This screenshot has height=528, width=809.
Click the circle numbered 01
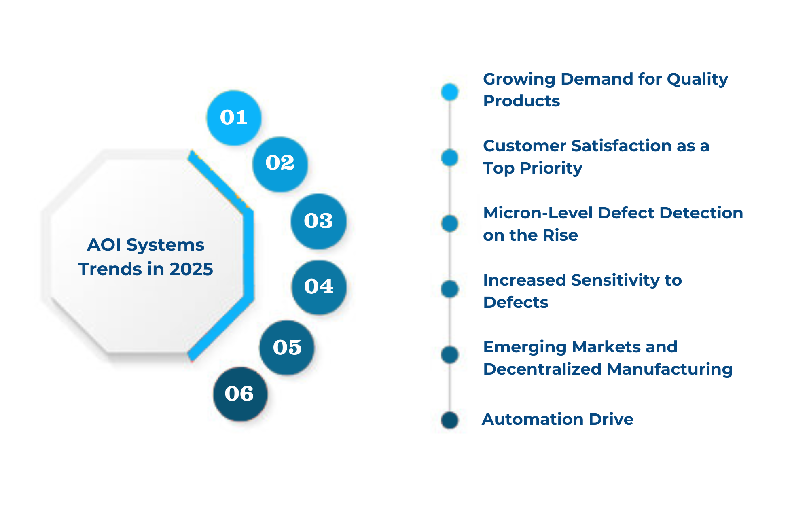[234, 118]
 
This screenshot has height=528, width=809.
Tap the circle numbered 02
[280, 164]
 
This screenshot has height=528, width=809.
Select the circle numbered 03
[318, 221]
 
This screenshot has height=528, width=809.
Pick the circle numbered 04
[319, 287]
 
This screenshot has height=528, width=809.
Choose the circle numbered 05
[287, 348]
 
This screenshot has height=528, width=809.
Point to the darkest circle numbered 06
[240, 394]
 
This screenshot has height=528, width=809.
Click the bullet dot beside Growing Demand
[449, 92]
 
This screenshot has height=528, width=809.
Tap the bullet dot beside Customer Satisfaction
[449, 157]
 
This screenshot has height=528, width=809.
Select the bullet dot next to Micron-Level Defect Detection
[449, 223]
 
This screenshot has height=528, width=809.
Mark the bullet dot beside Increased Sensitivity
[449, 289]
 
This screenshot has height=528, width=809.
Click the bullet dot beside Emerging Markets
[449, 354]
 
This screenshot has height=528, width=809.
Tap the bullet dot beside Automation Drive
[449, 420]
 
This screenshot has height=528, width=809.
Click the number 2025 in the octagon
[191, 269]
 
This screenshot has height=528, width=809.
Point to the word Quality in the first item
[697, 79]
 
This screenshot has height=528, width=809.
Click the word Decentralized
[542, 369]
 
